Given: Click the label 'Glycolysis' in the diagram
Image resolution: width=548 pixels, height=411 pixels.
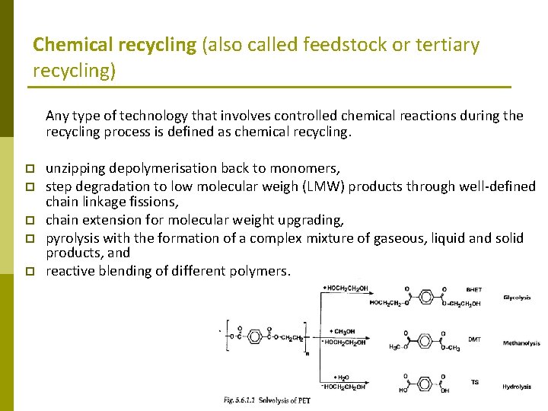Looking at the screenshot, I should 517,298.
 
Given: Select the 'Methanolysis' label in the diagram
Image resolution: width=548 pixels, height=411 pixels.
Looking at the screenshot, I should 521,343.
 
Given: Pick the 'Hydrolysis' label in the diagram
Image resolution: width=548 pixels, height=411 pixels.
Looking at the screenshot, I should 517,387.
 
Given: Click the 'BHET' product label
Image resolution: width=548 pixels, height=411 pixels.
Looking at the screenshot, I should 473,290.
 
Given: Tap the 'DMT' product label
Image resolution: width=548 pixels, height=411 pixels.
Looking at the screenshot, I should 473,339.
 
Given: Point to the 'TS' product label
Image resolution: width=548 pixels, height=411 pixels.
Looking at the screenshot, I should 474,382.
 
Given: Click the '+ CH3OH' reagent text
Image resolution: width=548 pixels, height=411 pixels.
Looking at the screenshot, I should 343,331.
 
